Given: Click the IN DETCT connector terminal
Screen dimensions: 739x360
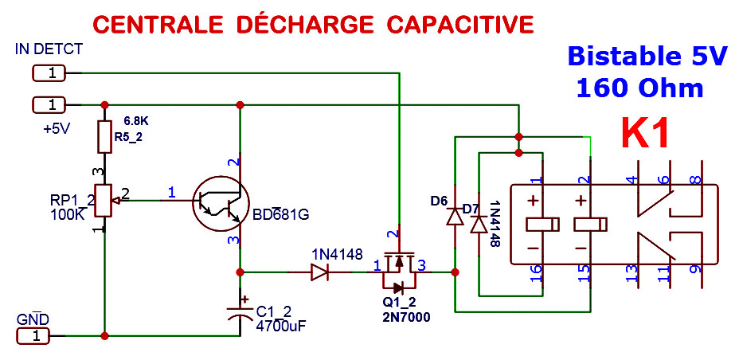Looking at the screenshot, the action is pos(49,73).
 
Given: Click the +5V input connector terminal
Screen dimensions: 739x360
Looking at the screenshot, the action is pos(49,104).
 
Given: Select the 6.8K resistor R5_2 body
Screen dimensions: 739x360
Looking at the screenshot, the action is pos(104,137).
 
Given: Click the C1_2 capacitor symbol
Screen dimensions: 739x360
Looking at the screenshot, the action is pos(240,312).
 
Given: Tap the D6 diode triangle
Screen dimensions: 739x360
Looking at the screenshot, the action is pos(455,217).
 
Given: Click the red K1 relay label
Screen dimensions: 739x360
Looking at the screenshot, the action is pos(645,133).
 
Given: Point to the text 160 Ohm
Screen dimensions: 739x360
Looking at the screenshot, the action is pos(639,88).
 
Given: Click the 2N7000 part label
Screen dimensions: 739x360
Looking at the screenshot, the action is pos(406,317).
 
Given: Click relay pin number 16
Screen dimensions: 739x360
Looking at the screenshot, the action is pos(536,274).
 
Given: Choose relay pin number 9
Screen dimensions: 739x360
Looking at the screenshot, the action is pos(695,269).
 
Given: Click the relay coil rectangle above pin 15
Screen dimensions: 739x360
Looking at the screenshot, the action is pos(591,225).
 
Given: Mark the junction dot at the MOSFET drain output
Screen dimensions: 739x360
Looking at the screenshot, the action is pos(455,272).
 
